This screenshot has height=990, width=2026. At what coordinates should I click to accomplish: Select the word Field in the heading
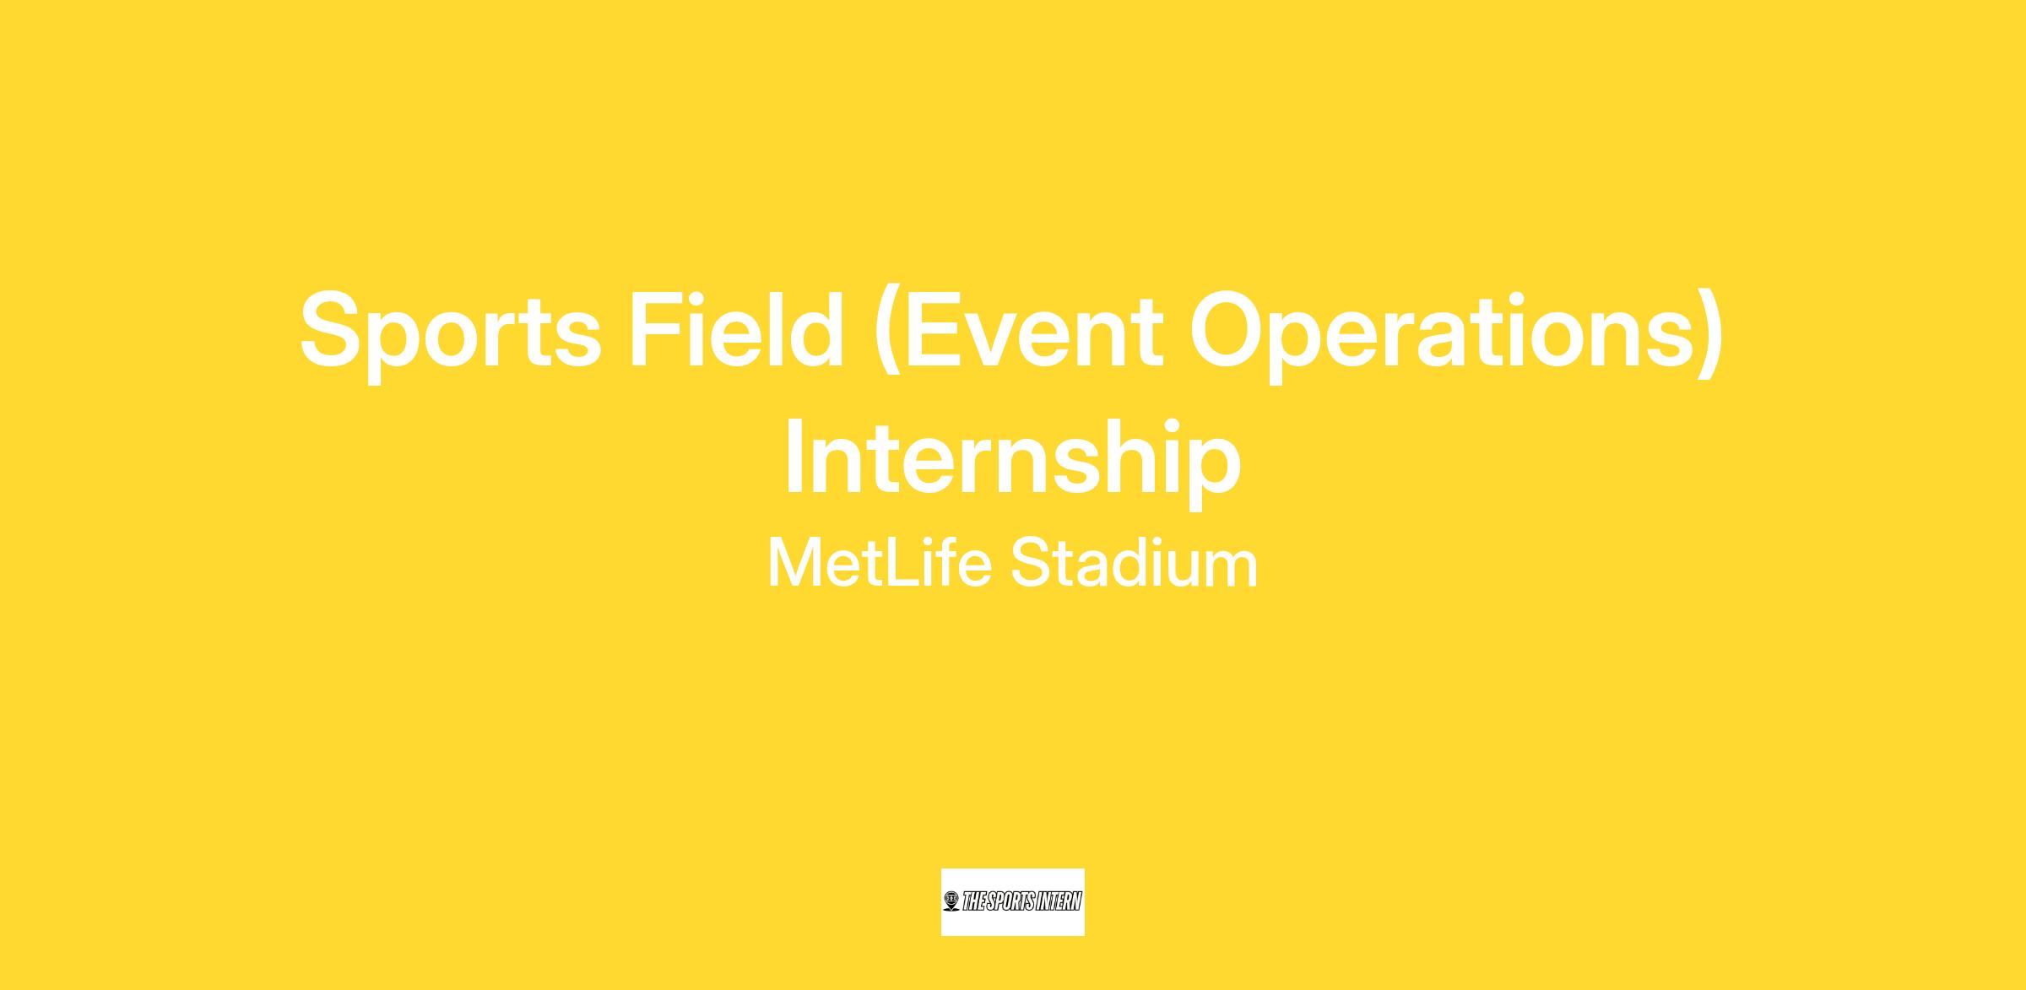pos(736,329)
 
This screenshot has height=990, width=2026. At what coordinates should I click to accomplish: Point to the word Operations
pos(1444,335)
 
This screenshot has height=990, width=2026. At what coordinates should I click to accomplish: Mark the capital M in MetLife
pos(794,563)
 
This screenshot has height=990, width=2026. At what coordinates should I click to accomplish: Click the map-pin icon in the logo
pos(951,902)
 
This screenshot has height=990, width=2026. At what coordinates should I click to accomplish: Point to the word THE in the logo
pos(973,902)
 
